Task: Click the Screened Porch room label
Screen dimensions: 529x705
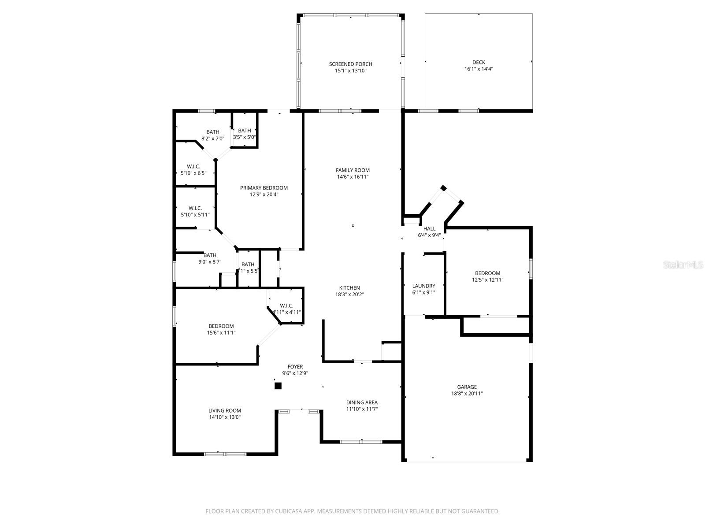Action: pyautogui.click(x=350, y=64)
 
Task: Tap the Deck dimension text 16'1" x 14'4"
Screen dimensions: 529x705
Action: pyautogui.click(x=479, y=69)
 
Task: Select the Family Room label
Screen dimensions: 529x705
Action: pyautogui.click(x=352, y=170)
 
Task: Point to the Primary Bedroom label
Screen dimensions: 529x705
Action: pyautogui.click(x=263, y=188)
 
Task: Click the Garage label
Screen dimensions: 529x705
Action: pyautogui.click(x=467, y=387)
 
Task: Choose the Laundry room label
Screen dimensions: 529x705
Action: pyautogui.click(x=423, y=286)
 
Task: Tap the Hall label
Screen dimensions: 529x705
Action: pyautogui.click(x=429, y=228)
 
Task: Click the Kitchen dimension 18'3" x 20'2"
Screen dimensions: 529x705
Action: pyautogui.click(x=349, y=294)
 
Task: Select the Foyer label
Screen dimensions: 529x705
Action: pyautogui.click(x=295, y=366)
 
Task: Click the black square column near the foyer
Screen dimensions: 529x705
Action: pyautogui.click(x=278, y=386)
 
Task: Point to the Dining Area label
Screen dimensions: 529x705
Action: pyautogui.click(x=362, y=402)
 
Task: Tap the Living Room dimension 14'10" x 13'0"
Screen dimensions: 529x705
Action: pyautogui.click(x=225, y=417)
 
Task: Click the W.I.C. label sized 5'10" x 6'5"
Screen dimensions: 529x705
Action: pyautogui.click(x=193, y=167)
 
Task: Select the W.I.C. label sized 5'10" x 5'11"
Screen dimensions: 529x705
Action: pyautogui.click(x=195, y=208)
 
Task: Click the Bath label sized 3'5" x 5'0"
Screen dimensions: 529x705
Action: pyautogui.click(x=245, y=130)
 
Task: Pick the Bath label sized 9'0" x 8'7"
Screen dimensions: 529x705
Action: pyautogui.click(x=210, y=255)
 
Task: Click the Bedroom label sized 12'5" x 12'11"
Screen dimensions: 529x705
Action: pyautogui.click(x=487, y=273)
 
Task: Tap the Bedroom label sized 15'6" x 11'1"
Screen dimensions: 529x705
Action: pyautogui.click(x=221, y=326)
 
